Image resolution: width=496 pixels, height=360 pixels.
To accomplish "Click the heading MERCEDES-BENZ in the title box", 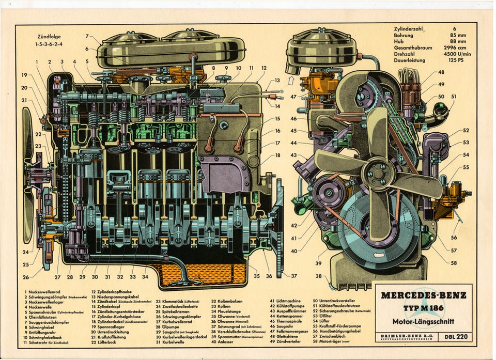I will tap(424, 295).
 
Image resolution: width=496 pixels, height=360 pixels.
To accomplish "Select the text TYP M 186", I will tap(424, 308).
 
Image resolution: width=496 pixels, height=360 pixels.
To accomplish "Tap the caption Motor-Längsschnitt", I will tap(423, 321).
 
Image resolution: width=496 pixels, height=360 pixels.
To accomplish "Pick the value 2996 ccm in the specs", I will tap(455, 48).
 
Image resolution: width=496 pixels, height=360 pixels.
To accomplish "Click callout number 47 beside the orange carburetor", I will tap(293, 97).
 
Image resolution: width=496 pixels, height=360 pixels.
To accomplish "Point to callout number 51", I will tap(453, 96).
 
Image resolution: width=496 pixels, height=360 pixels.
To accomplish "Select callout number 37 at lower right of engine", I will tap(294, 275).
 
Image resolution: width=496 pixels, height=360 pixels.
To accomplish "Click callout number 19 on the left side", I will tap(24, 75).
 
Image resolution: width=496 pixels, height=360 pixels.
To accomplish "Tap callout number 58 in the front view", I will tap(454, 262).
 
